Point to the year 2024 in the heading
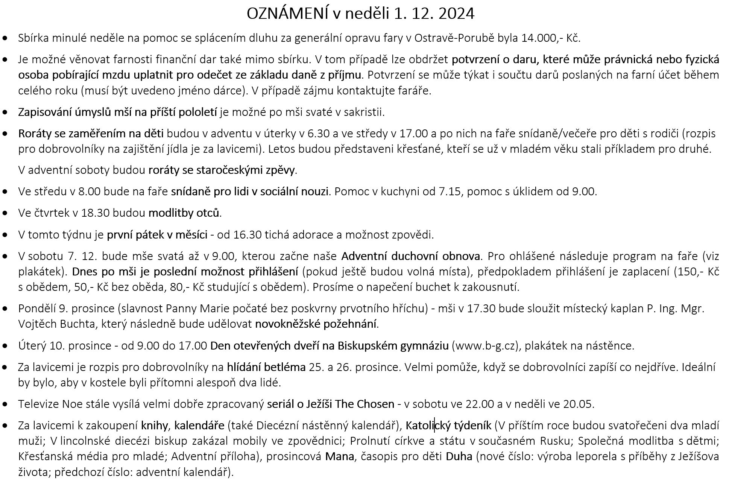(x=456, y=14)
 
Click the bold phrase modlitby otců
(x=184, y=213)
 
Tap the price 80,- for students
(x=179, y=287)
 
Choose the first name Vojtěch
(x=36, y=324)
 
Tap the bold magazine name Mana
(x=339, y=456)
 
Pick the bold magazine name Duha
(x=459, y=456)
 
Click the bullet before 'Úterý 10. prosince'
(x=5, y=345)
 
